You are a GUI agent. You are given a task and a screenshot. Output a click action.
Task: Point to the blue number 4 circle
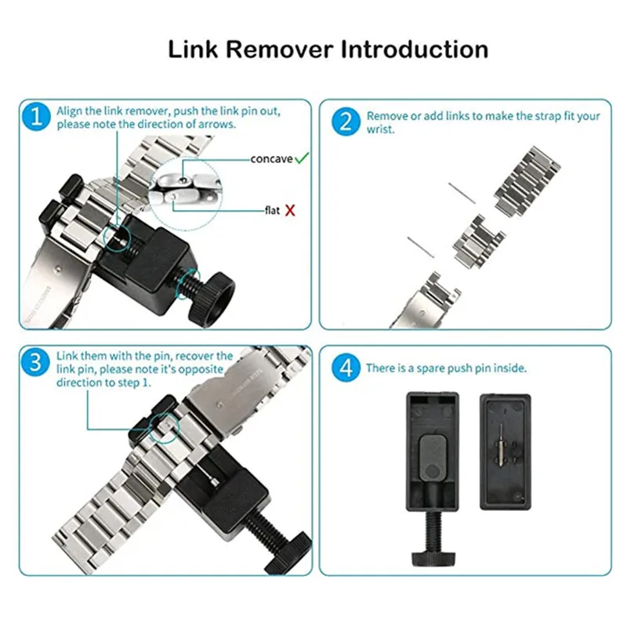click(345, 368)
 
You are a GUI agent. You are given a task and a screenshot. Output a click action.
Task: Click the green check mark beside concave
click(302, 159)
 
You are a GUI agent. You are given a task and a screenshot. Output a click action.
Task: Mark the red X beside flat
click(290, 210)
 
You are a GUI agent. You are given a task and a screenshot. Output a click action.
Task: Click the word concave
click(271, 159)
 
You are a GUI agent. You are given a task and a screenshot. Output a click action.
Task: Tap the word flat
click(271, 210)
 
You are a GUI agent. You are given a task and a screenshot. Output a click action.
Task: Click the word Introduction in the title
click(415, 49)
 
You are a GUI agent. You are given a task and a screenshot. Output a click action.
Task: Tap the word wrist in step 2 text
click(380, 130)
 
